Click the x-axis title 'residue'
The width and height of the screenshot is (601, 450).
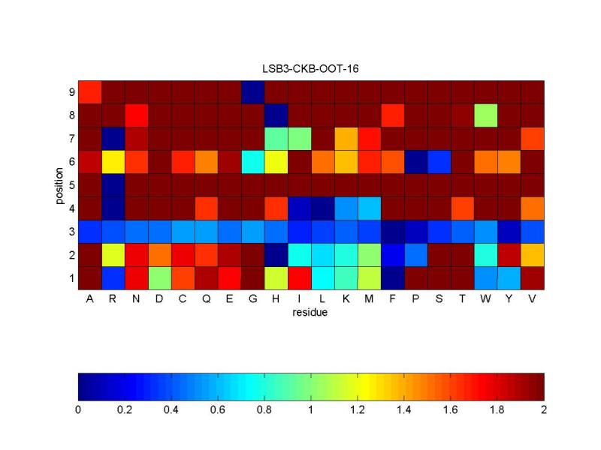click(x=310, y=313)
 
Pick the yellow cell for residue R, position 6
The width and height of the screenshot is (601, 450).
click(x=113, y=161)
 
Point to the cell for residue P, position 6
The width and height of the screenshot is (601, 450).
click(x=415, y=161)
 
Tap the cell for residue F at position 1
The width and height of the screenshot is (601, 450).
click(x=392, y=277)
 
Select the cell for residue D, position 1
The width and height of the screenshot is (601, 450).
click(x=159, y=277)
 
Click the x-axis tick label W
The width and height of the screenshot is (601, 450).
click(x=485, y=299)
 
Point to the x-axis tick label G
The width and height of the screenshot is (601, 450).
click(x=252, y=299)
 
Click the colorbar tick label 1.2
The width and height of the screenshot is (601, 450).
click(x=358, y=410)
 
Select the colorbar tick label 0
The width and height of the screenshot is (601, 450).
click(x=78, y=410)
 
